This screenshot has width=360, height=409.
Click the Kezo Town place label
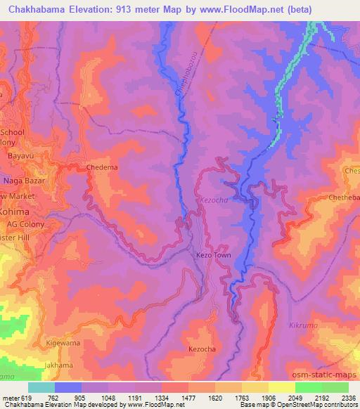212,257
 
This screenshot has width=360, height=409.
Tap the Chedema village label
100,168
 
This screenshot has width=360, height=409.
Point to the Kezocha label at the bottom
205,349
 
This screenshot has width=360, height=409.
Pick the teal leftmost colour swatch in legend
41,387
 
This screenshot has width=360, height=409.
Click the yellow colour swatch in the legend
282,387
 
